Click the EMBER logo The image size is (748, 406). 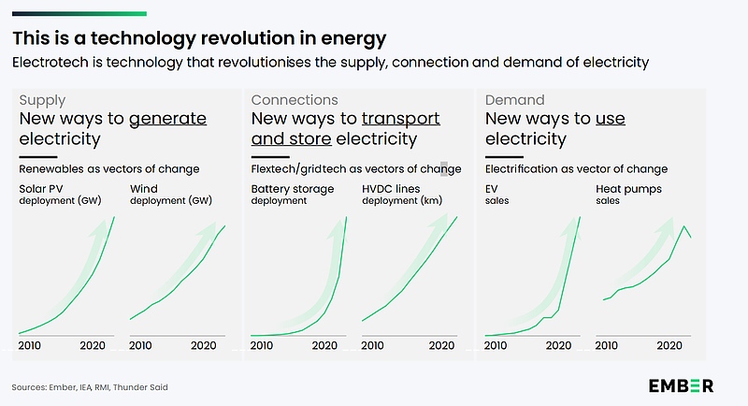pos(682,385)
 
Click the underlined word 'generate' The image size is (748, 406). pos(167,119)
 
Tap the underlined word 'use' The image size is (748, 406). pos(610,119)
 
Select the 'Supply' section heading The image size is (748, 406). pos(42,99)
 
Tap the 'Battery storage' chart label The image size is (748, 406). pos(292,189)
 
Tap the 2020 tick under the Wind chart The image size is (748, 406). pos(205,345)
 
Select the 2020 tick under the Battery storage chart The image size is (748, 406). pos(325,345)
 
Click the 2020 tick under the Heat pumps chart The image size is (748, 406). pos(669,345)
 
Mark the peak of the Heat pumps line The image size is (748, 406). pos(684,226)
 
